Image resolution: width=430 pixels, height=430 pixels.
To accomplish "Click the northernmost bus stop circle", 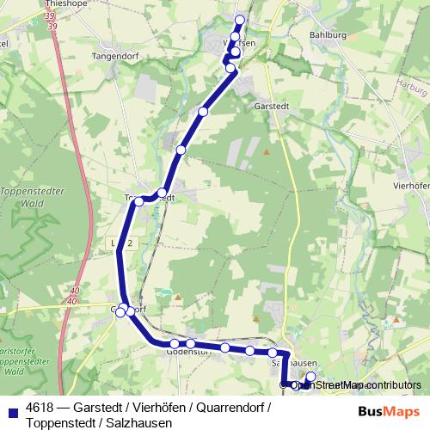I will pyautogui.click(x=240, y=20).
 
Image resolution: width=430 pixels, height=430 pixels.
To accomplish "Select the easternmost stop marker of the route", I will pyautogui.click(x=311, y=377).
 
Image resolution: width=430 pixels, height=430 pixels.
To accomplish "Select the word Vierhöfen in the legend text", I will pyautogui.click(x=158, y=407).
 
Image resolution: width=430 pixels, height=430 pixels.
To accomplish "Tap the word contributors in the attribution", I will pyautogui.click(x=392, y=385).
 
